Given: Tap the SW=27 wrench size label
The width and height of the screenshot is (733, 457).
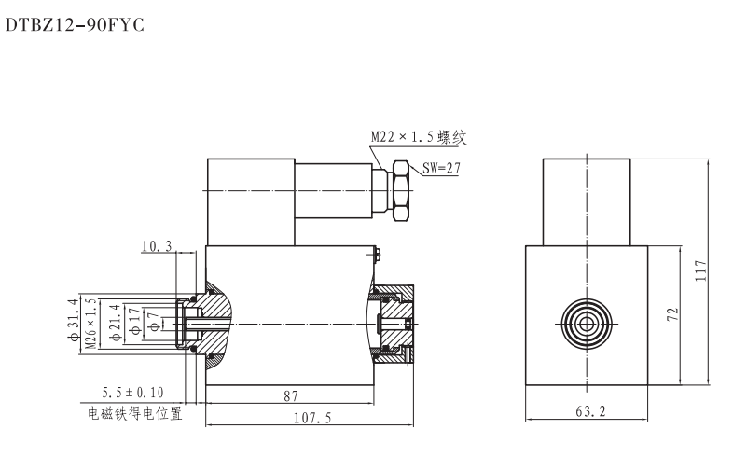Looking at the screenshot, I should click(441, 169).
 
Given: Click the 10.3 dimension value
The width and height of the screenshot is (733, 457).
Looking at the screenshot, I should click(157, 246).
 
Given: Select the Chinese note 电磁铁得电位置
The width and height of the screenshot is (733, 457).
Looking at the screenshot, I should click(135, 413).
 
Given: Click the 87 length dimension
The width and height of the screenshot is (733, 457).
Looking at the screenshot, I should click(290, 396).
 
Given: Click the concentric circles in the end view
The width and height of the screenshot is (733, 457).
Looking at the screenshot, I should click(586, 323).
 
